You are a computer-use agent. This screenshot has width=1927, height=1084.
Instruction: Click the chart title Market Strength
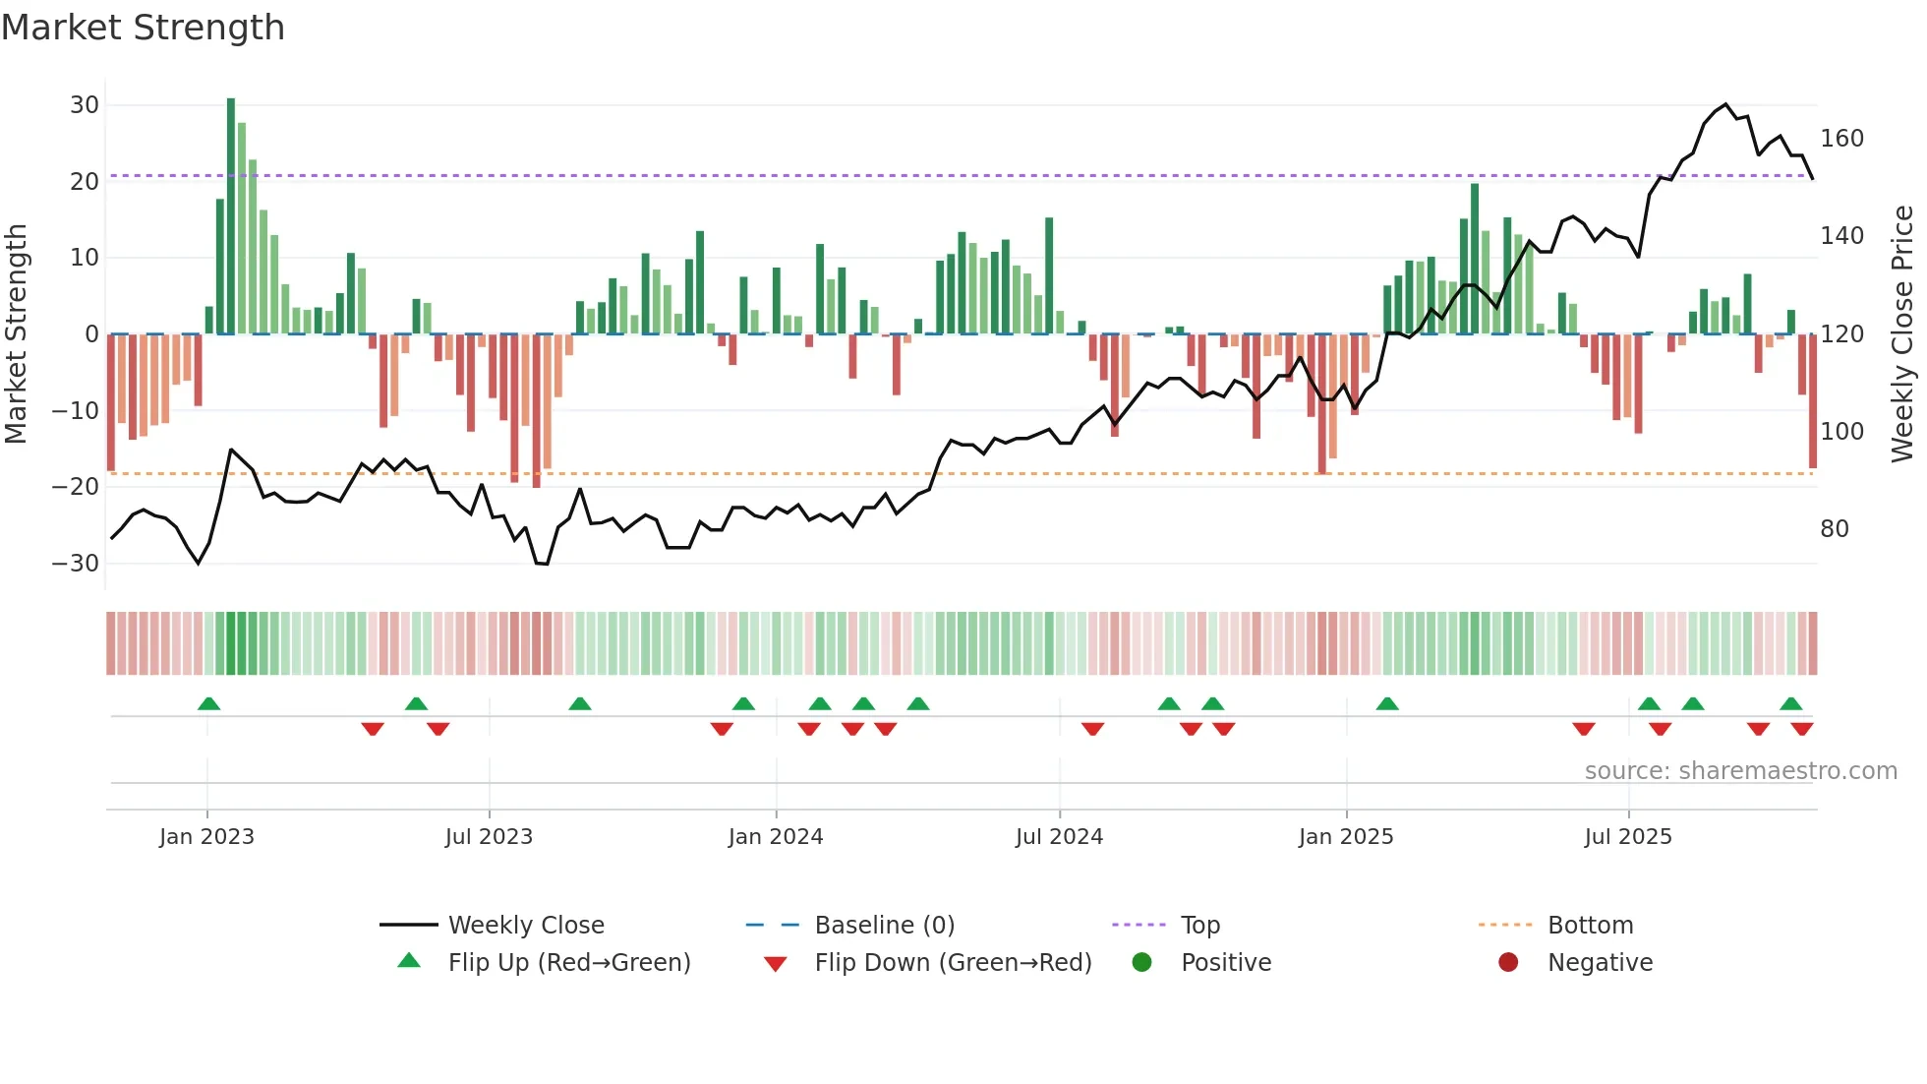tap(143, 28)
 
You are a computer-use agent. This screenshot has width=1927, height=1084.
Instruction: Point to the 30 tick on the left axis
tap(85, 105)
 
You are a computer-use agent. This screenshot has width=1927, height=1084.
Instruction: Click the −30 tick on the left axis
tap(76, 564)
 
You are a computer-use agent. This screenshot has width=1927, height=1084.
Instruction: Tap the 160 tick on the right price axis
tap(1841, 139)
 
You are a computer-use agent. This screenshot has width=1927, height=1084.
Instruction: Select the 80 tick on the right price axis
tap(1835, 529)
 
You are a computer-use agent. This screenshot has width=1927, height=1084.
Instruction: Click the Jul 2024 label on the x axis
tap(1059, 837)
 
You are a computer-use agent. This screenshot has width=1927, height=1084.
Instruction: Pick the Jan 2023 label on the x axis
tap(206, 837)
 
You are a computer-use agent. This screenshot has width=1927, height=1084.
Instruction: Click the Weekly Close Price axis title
tap(1903, 334)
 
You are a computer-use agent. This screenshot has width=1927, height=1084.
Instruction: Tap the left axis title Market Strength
tap(17, 334)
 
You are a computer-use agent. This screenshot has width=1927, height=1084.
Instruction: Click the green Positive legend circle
tap(1141, 962)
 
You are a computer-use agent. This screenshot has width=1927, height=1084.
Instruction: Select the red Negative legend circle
tap(1508, 962)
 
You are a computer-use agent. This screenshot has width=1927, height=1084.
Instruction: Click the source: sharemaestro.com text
tap(1740, 771)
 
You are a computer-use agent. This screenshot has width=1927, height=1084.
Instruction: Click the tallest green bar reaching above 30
tap(231, 216)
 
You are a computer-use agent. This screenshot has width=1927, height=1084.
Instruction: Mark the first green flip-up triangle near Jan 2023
tap(208, 703)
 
